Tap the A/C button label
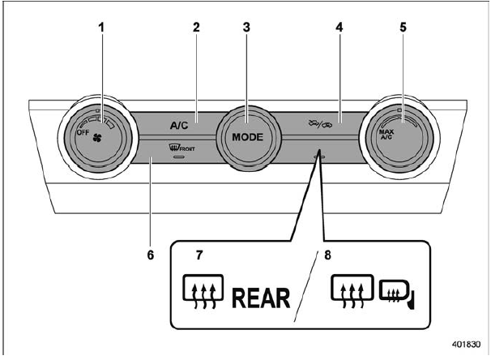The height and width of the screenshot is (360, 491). (x=180, y=126)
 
